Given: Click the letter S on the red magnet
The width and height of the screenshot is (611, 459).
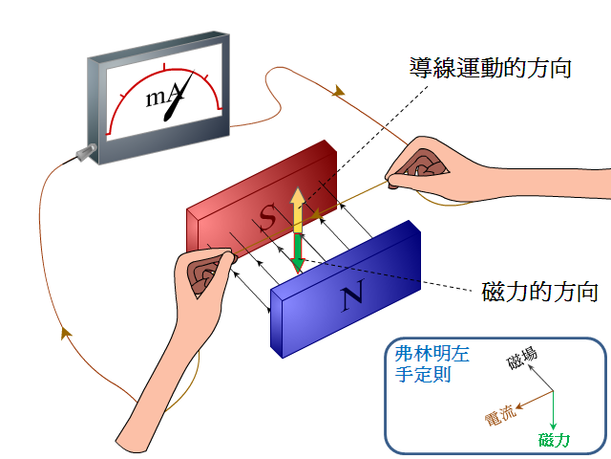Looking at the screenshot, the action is (x=268, y=216).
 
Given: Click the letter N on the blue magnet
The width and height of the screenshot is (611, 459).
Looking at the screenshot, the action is (x=353, y=295).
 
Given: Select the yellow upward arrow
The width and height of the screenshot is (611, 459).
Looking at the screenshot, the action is (x=298, y=210).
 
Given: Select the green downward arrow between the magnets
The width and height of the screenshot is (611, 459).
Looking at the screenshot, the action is (x=298, y=252).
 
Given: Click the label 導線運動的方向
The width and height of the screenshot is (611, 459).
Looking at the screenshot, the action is (x=490, y=68).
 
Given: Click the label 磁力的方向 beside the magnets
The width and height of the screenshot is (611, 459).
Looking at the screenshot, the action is (x=539, y=292).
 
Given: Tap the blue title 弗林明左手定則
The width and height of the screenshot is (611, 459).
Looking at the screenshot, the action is (x=432, y=364).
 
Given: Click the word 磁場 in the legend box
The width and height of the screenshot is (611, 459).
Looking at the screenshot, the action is (x=522, y=358).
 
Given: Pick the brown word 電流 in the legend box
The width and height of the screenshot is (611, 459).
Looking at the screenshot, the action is (x=500, y=415).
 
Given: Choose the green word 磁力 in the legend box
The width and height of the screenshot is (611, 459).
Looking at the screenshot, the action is (x=554, y=440).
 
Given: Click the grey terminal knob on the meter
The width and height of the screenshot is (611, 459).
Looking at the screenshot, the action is (x=86, y=152).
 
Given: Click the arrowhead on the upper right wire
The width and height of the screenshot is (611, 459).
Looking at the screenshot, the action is (x=338, y=91).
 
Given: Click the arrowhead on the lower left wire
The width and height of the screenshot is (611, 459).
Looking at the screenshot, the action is (x=66, y=333).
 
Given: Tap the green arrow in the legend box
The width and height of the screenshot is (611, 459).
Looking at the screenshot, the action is (x=553, y=410).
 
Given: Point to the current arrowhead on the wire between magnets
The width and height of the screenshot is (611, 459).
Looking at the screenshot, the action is (x=315, y=214).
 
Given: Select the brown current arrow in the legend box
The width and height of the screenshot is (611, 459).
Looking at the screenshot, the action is (x=535, y=400).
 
